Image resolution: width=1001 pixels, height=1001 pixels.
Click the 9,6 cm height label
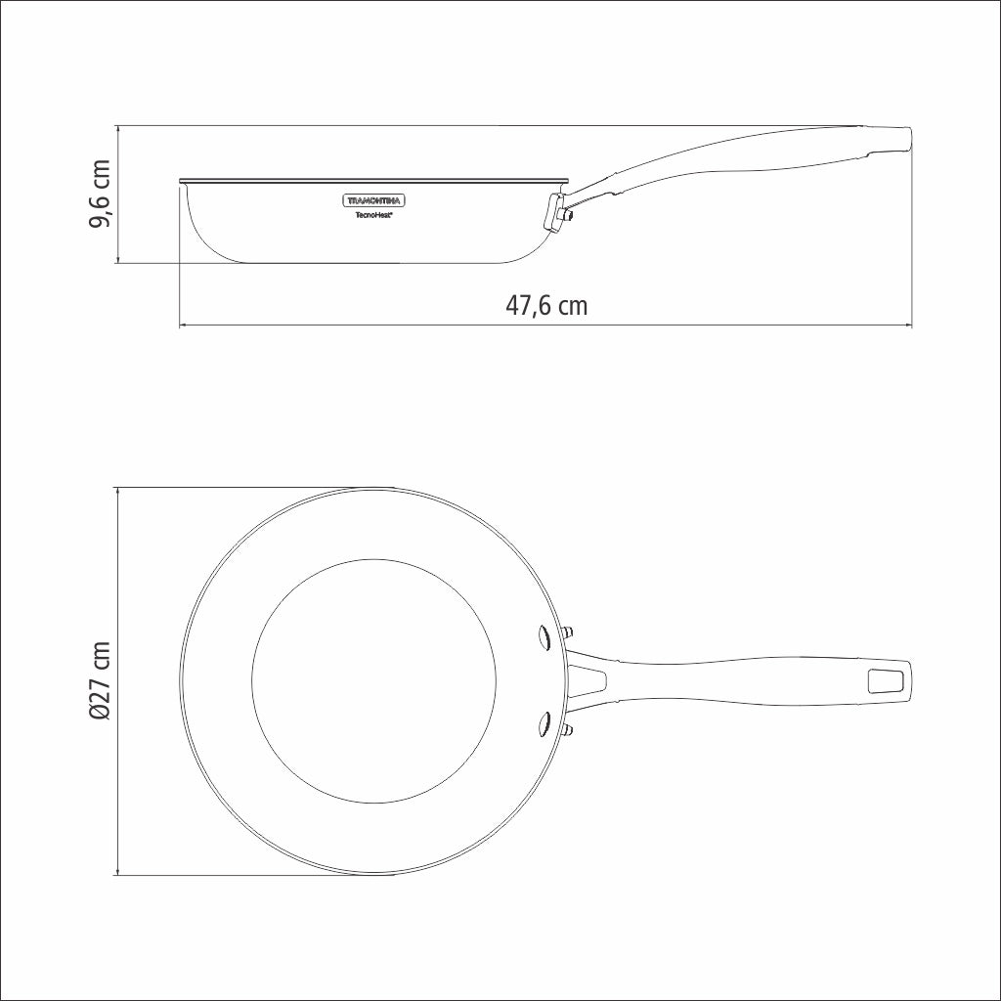100,195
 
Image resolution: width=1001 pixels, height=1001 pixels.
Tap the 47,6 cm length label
546,305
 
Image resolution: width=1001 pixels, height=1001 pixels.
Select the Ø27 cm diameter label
100,681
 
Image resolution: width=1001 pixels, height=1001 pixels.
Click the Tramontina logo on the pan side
375,200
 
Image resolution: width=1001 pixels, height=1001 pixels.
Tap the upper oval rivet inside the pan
543,637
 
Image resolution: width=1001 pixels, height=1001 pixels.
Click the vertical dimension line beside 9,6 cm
117,195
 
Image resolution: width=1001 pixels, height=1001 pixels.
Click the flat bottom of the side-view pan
371,262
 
